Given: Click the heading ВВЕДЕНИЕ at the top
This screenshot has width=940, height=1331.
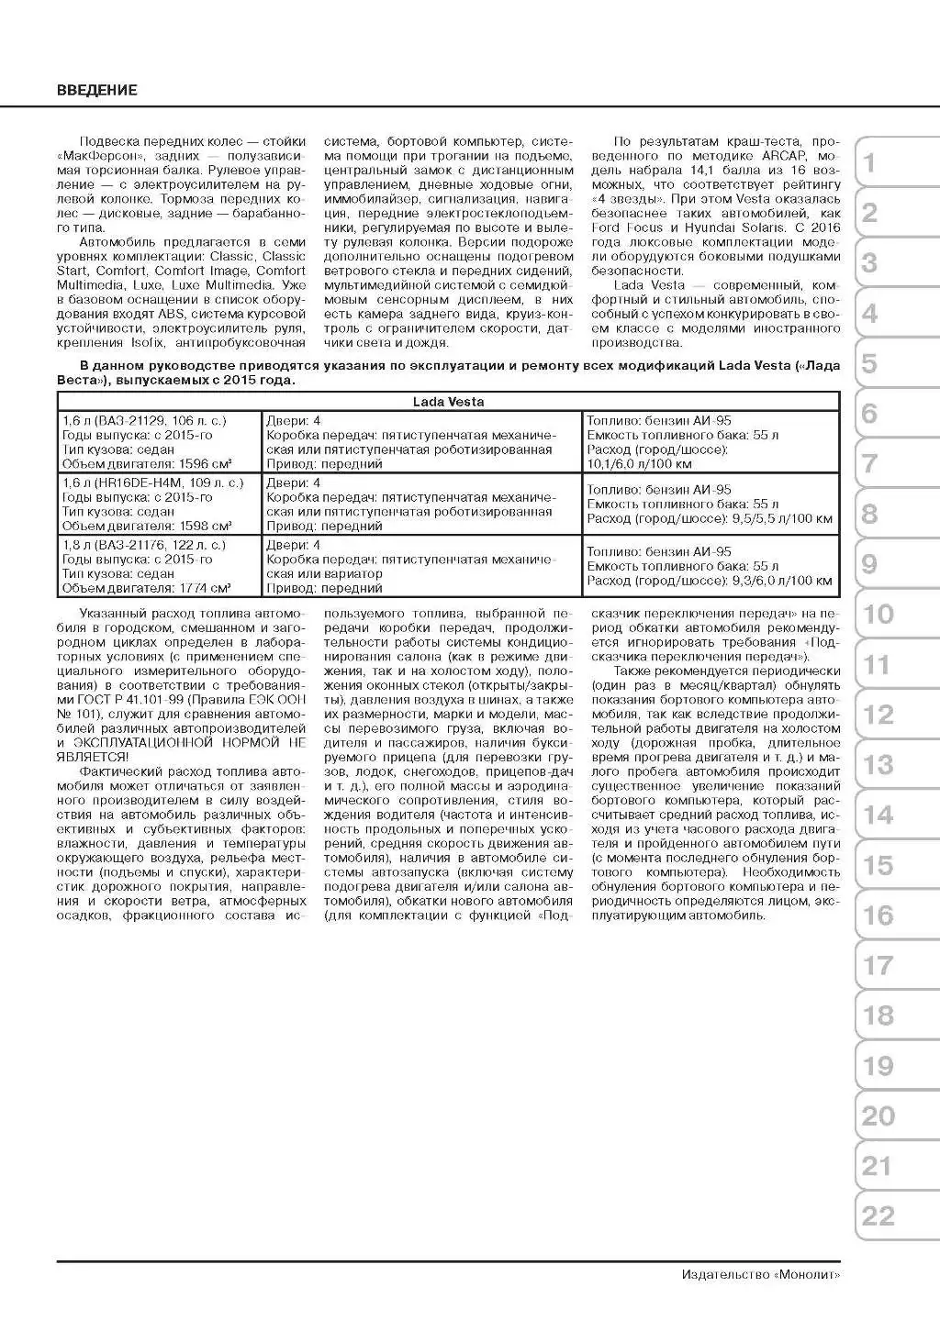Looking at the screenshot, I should pyautogui.click(x=96, y=90).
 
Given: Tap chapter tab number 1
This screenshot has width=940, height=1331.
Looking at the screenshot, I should pyautogui.click(x=869, y=163).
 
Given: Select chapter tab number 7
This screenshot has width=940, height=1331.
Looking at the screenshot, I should pyautogui.click(x=869, y=464).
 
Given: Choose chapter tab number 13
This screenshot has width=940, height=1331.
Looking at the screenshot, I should pyautogui.click(x=878, y=765).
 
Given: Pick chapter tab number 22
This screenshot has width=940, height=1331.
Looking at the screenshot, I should pyautogui.click(x=878, y=1216).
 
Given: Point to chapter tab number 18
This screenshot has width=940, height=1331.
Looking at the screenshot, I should pyautogui.click(x=878, y=1015).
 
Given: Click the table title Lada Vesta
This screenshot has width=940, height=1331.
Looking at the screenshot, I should pyautogui.click(x=448, y=402).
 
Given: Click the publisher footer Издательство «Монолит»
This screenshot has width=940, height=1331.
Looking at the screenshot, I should pyautogui.click(x=761, y=1274).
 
